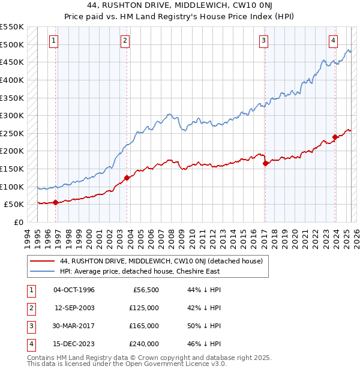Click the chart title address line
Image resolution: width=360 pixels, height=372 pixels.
click(x=180, y=6)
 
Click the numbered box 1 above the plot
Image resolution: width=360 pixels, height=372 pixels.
click(x=54, y=41)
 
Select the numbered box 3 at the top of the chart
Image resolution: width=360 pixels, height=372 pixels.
click(x=263, y=41)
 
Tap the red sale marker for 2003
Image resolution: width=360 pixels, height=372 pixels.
click(x=127, y=178)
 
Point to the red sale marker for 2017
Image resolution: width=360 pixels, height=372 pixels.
click(x=265, y=163)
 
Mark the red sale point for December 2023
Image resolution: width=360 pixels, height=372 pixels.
click(x=335, y=137)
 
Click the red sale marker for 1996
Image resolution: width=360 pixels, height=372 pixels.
click(x=55, y=202)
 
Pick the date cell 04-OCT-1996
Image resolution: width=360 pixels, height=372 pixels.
click(x=74, y=290)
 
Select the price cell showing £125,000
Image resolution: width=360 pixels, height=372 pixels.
click(x=144, y=308)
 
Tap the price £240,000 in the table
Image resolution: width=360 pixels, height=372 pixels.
click(x=144, y=344)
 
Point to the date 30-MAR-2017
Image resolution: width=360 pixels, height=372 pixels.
click(x=74, y=326)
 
